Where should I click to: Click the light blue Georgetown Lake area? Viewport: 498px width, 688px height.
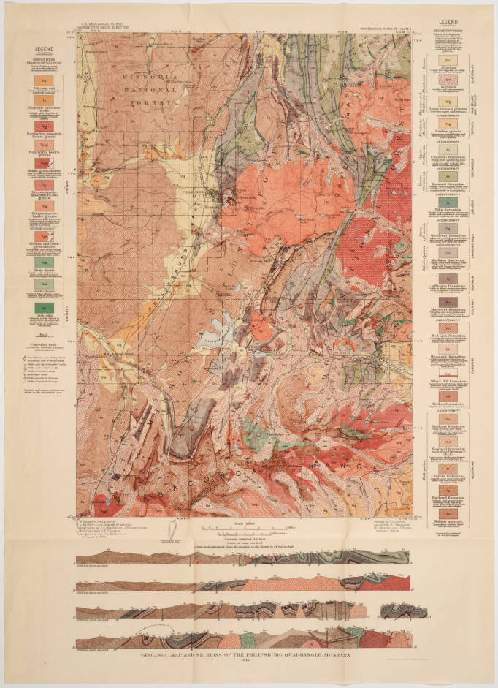[x=219, y=330]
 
